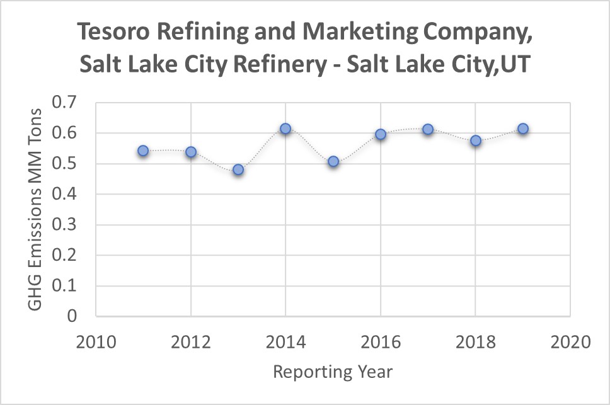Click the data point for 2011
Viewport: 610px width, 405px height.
(143, 151)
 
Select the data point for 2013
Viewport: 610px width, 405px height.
(238, 169)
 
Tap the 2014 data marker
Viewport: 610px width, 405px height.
(285, 128)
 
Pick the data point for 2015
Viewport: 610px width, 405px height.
(333, 162)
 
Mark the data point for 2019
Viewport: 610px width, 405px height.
(522, 128)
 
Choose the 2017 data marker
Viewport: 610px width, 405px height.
(428, 129)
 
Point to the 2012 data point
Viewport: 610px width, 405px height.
(191, 152)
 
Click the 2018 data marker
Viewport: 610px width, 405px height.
(476, 140)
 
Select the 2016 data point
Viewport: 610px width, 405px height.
(381, 134)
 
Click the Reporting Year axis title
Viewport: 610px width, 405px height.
(333, 372)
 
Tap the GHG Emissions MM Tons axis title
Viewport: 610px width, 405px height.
(36, 209)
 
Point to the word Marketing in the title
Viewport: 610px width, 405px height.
(343, 31)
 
